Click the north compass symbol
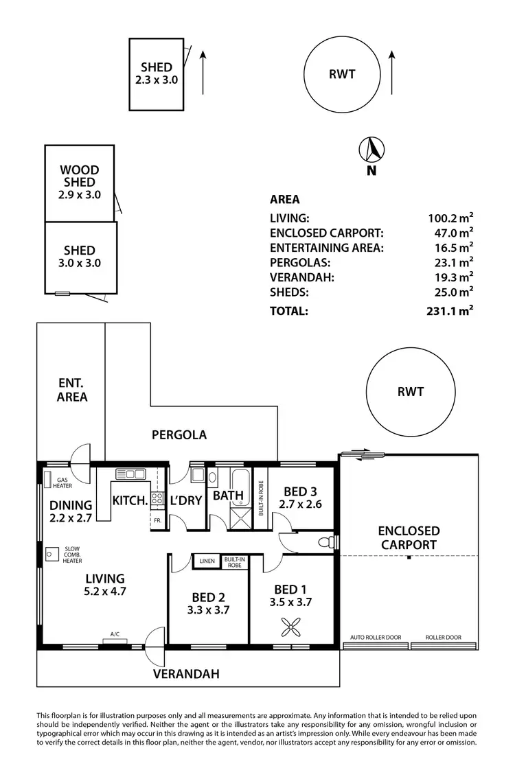tap(371, 149)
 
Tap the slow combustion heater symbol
tap(51, 554)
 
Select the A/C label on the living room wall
tap(115, 635)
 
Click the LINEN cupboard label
tap(207, 561)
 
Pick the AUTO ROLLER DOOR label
tap(376, 638)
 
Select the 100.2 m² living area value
tap(450, 218)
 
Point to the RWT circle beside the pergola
tap(410, 392)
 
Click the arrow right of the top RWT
tap(391, 72)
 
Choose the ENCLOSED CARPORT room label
tap(409, 537)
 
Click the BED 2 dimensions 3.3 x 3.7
tap(208, 609)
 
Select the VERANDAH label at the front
tap(186, 674)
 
